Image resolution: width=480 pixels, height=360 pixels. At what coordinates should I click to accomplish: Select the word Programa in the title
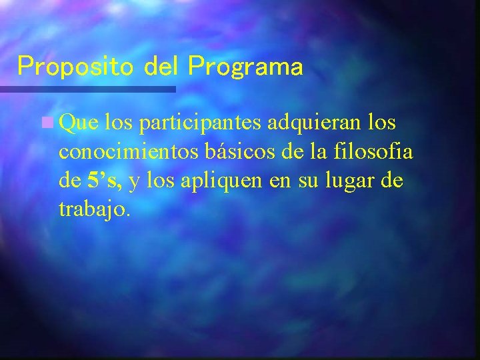tap(245, 66)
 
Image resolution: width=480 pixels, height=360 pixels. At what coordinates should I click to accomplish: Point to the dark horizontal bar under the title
tap(87, 88)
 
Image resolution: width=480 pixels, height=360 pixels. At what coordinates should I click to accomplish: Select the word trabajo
tap(93, 209)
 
